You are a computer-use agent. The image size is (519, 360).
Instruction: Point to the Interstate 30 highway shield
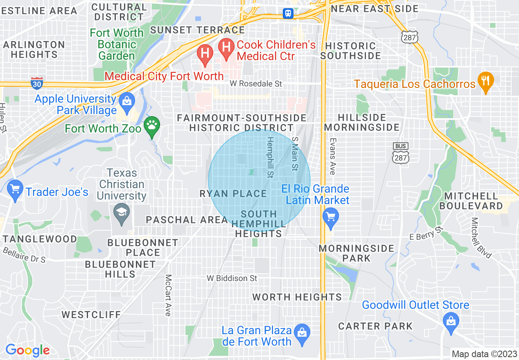(x=37, y=83)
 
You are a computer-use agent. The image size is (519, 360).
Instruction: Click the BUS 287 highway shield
(x=399, y=153)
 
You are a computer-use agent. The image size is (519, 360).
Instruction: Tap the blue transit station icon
(x=288, y=13)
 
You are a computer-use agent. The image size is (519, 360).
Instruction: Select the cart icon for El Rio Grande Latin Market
(x=330, y=216)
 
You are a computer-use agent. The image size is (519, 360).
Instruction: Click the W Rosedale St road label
(x=256, y=84)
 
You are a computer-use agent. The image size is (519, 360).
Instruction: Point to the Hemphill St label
(x=270, y=157)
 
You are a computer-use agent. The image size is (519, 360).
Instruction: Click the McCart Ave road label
(x=168, y=295)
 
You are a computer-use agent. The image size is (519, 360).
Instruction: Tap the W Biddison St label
(x=232, y=278)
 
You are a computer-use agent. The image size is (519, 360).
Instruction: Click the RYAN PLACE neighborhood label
(x=233, y=193)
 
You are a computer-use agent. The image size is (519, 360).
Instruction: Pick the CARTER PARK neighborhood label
(x=375, y=326)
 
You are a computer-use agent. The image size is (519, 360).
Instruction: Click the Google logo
(x=27, y=350)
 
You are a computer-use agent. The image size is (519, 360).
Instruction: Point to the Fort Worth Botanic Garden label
(x=117, y=44)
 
